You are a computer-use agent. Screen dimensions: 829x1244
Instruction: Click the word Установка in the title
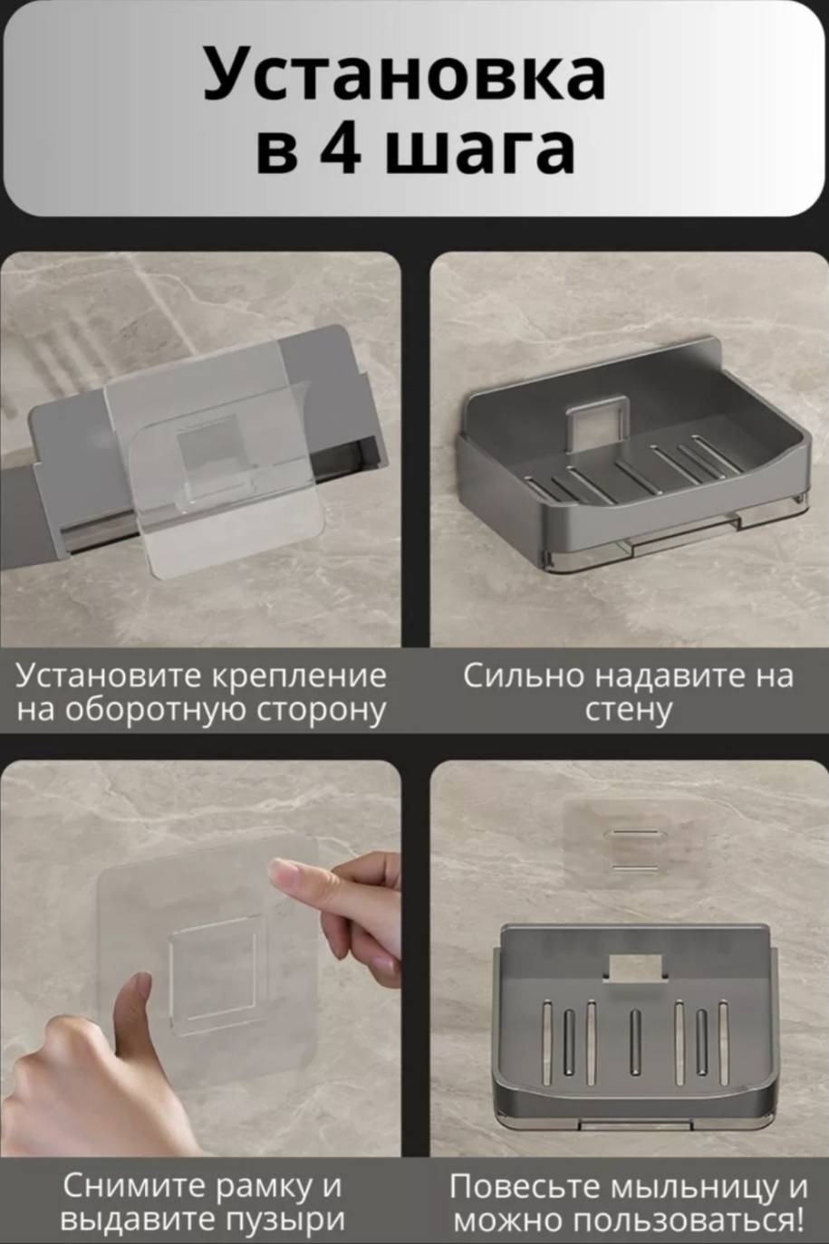pos(404,73)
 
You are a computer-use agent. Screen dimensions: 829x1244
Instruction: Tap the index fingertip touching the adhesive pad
pos(283,868)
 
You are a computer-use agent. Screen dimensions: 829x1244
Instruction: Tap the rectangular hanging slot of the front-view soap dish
pos(636,969)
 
